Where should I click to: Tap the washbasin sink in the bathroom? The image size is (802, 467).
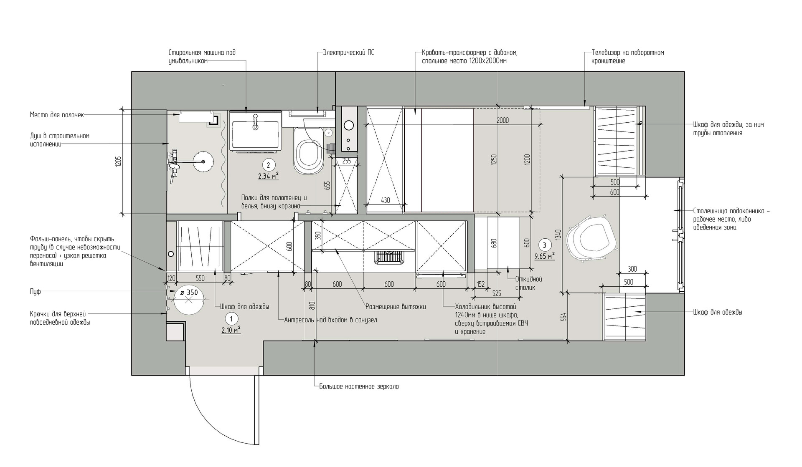[x=255, y=131]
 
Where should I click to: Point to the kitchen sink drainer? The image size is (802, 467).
[x=389, y=257]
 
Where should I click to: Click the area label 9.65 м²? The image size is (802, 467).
[x=545, y=256]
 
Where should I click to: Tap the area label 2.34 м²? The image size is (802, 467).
[x=268, y=176]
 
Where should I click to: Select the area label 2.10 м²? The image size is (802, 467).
[x=231, y=330]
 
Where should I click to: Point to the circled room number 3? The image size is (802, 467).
[x=544, y=245]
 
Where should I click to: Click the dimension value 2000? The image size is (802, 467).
[x=503, y=121]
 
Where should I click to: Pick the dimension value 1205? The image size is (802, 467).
[x=118, y=162]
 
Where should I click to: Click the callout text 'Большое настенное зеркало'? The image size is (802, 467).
[x=359, y=386]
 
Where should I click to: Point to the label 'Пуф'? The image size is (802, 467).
[x=36, y=292]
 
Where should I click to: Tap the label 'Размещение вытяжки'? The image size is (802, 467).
[x=396, y=307]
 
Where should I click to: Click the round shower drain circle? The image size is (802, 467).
[x=204, y=161]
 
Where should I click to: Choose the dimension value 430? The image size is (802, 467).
[x=385, y=200]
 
